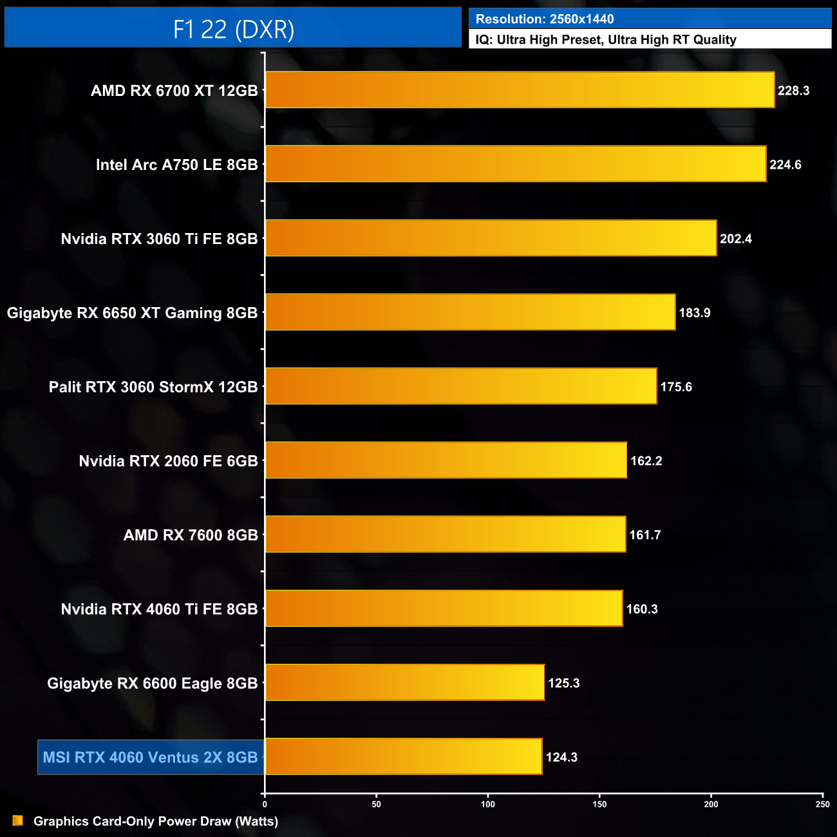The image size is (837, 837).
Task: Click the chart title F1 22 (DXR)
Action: (233, 29)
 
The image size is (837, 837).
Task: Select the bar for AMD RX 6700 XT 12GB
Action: (520, 90)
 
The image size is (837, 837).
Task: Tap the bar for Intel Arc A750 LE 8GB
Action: (516, 164)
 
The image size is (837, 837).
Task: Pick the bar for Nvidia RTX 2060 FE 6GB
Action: (446, 460)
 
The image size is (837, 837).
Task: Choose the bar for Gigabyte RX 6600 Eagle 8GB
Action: (405, 682)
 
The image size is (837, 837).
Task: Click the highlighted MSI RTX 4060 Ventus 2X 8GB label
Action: (150, 757)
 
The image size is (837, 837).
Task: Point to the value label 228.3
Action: (793, 91)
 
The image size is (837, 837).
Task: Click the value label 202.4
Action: (735, 239)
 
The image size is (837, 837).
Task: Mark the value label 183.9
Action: (694, 313)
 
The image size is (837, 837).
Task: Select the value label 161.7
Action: (644, 535)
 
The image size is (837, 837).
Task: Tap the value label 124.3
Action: (561, 757)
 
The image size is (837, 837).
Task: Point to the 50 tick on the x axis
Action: (377, 804)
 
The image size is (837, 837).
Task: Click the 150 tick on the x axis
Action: (599, 804)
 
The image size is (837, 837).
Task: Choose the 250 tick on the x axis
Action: (822, 804)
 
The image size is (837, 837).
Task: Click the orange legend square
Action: (18, 820)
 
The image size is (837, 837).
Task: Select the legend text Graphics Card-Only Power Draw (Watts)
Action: (156, 822)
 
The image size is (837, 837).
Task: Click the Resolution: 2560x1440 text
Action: (545, 19)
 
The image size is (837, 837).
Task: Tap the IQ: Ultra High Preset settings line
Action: (605, 40)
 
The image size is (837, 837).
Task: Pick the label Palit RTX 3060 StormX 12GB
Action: (153, 387)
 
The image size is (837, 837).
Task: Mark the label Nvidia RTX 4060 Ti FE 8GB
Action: (159, 609)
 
